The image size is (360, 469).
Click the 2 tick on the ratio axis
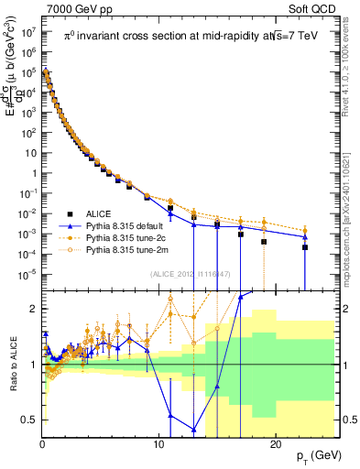(34, 309)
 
